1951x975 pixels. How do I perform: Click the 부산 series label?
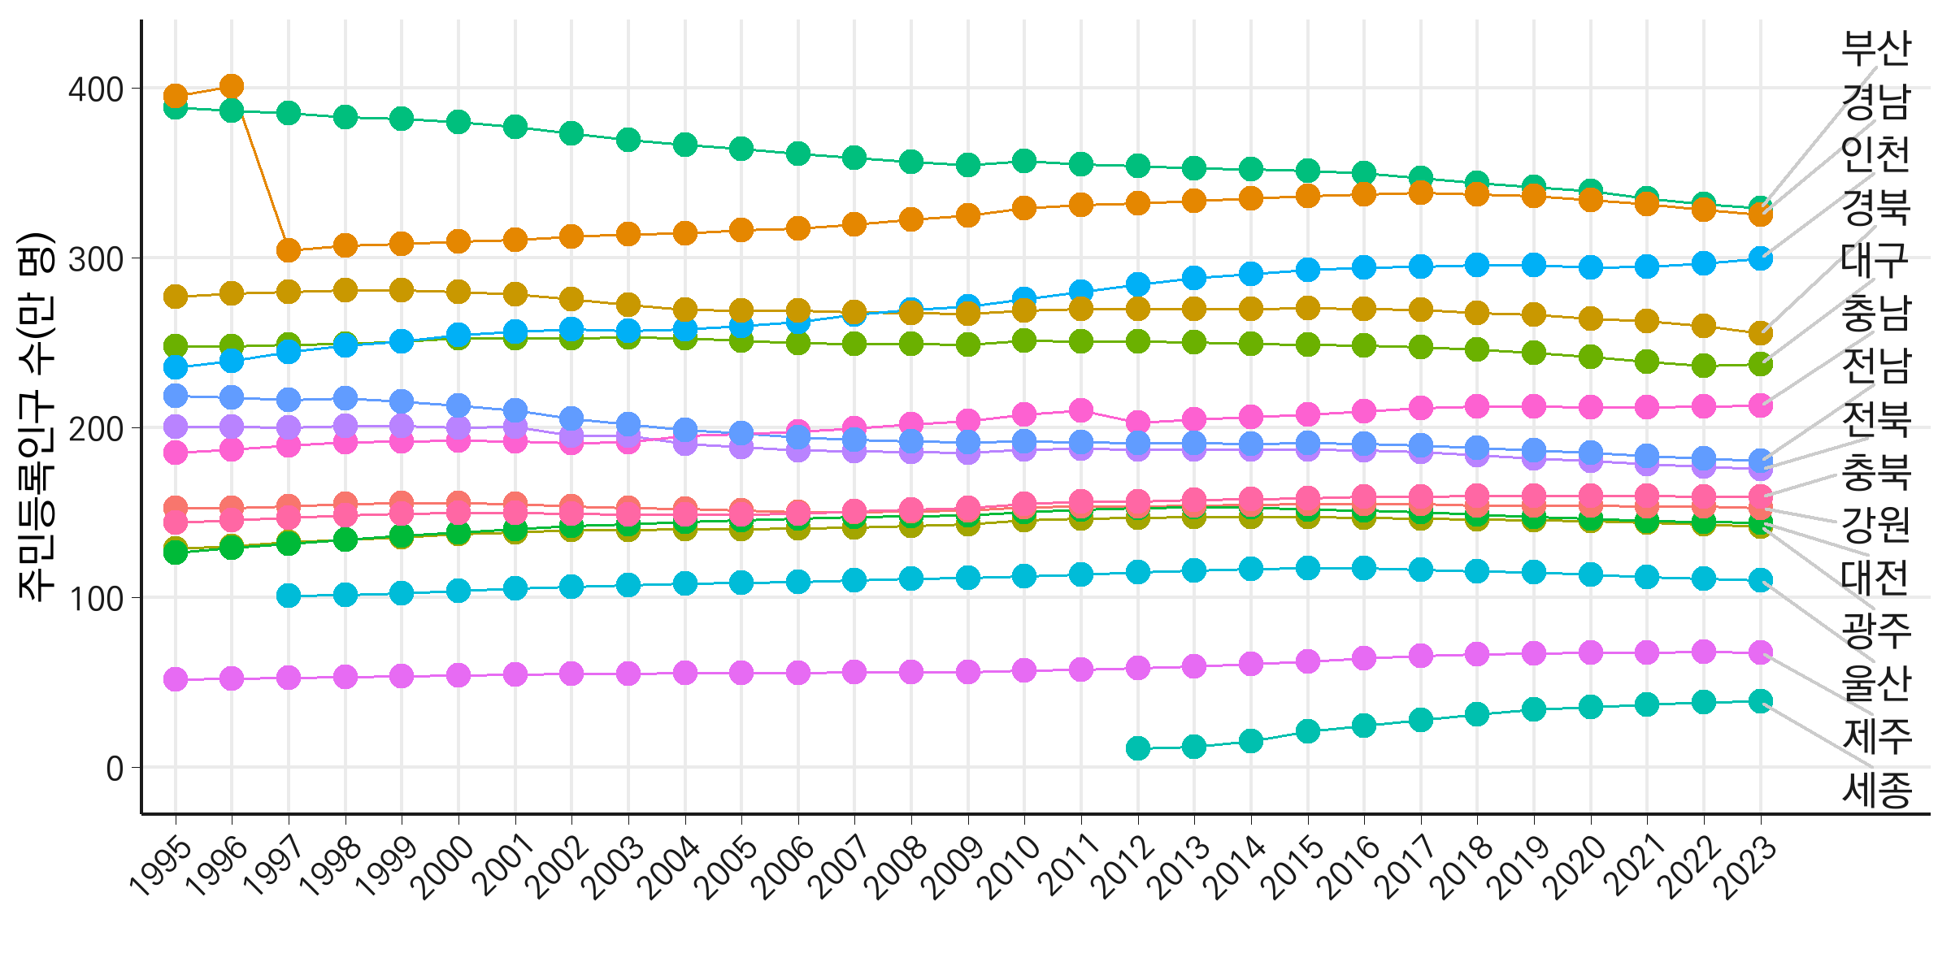(x=1875, y=49)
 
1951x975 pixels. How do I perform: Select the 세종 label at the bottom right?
(x=1876, y=790)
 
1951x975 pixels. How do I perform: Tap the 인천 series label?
(x=1875, y=154)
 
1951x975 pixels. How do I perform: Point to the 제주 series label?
(x=1876, y=736)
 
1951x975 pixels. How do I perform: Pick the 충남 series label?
(x=1875, y=314)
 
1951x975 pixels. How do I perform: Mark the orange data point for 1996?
(x=232, y=86)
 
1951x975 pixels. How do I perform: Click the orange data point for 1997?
(x=289, y=251)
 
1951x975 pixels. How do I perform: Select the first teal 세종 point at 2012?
(x=1138, y=747)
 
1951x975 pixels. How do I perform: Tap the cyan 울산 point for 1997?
(x=289, y=596)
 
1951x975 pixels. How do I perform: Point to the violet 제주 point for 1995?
(x=176, y=679)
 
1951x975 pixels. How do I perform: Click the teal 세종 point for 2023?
(x=1761, y=701)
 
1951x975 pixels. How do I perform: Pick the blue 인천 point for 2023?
(x=1761, y=259)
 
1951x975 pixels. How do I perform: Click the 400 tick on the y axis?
(x=96, y=89)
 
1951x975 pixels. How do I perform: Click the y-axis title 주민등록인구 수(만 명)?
(x=37, y=417)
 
